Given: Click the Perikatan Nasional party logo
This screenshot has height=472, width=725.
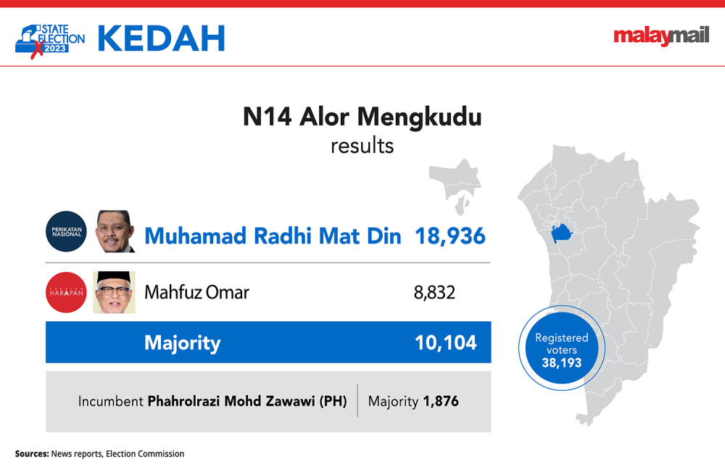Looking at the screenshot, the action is tap(66, 231).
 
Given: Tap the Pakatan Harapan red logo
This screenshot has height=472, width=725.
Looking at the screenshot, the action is tap(66, 292).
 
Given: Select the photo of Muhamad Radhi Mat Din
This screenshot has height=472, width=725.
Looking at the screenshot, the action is tap(115, 231).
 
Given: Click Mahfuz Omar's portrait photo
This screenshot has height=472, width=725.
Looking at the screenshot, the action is tap(115, 292).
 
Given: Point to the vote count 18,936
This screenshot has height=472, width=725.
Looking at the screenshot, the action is tap(450, 236).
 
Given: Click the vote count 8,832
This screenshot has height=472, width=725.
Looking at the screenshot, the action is tap(434, 293).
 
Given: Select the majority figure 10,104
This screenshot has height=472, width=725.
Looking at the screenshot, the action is tap(446, 342).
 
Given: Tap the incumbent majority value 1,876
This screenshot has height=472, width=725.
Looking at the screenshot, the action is tap(441, 401).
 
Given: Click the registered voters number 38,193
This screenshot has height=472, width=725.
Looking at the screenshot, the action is tap(562, 363).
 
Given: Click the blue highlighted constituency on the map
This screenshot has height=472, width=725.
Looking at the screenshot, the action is tap(561, 233).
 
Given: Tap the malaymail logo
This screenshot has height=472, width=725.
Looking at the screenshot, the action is tap(661, 36).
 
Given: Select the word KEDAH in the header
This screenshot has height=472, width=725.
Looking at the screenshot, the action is tap(162, 38).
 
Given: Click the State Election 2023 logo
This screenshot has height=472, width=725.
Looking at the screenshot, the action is tap(49, 41).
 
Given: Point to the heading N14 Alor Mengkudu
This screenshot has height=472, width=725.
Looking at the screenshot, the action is tap(362, 117).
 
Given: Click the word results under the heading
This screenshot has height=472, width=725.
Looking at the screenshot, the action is tap(362, 146).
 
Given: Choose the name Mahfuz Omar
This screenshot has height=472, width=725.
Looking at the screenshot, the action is tap(196, 292).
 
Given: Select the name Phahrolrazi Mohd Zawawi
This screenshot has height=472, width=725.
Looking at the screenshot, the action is tap(231, 401).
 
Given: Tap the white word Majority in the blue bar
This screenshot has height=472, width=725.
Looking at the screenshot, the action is tap(183, 343).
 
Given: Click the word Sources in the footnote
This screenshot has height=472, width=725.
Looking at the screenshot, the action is tap(32, 454).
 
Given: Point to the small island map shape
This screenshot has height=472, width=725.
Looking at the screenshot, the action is tap(456, 185).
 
